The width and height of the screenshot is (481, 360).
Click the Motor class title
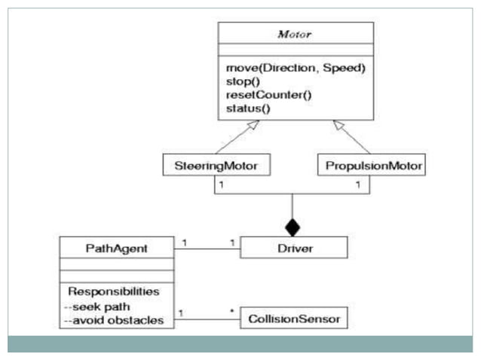[296, 35]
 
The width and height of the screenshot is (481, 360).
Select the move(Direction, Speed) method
[296, 69]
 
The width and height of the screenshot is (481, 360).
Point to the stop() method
[242, 81]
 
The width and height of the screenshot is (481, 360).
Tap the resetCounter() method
[259, 95]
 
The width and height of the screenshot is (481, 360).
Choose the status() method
[247, 108]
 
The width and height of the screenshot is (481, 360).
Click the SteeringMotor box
[216, 163]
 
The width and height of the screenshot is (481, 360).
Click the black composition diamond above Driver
[293, 225]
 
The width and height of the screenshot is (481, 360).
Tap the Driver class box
[293, 247]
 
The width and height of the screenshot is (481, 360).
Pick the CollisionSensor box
[293, 320]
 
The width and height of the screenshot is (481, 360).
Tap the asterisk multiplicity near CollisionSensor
[231, 310]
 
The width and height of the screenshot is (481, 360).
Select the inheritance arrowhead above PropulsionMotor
[339, 125]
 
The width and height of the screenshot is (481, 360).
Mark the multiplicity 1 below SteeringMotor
[222, 182]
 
